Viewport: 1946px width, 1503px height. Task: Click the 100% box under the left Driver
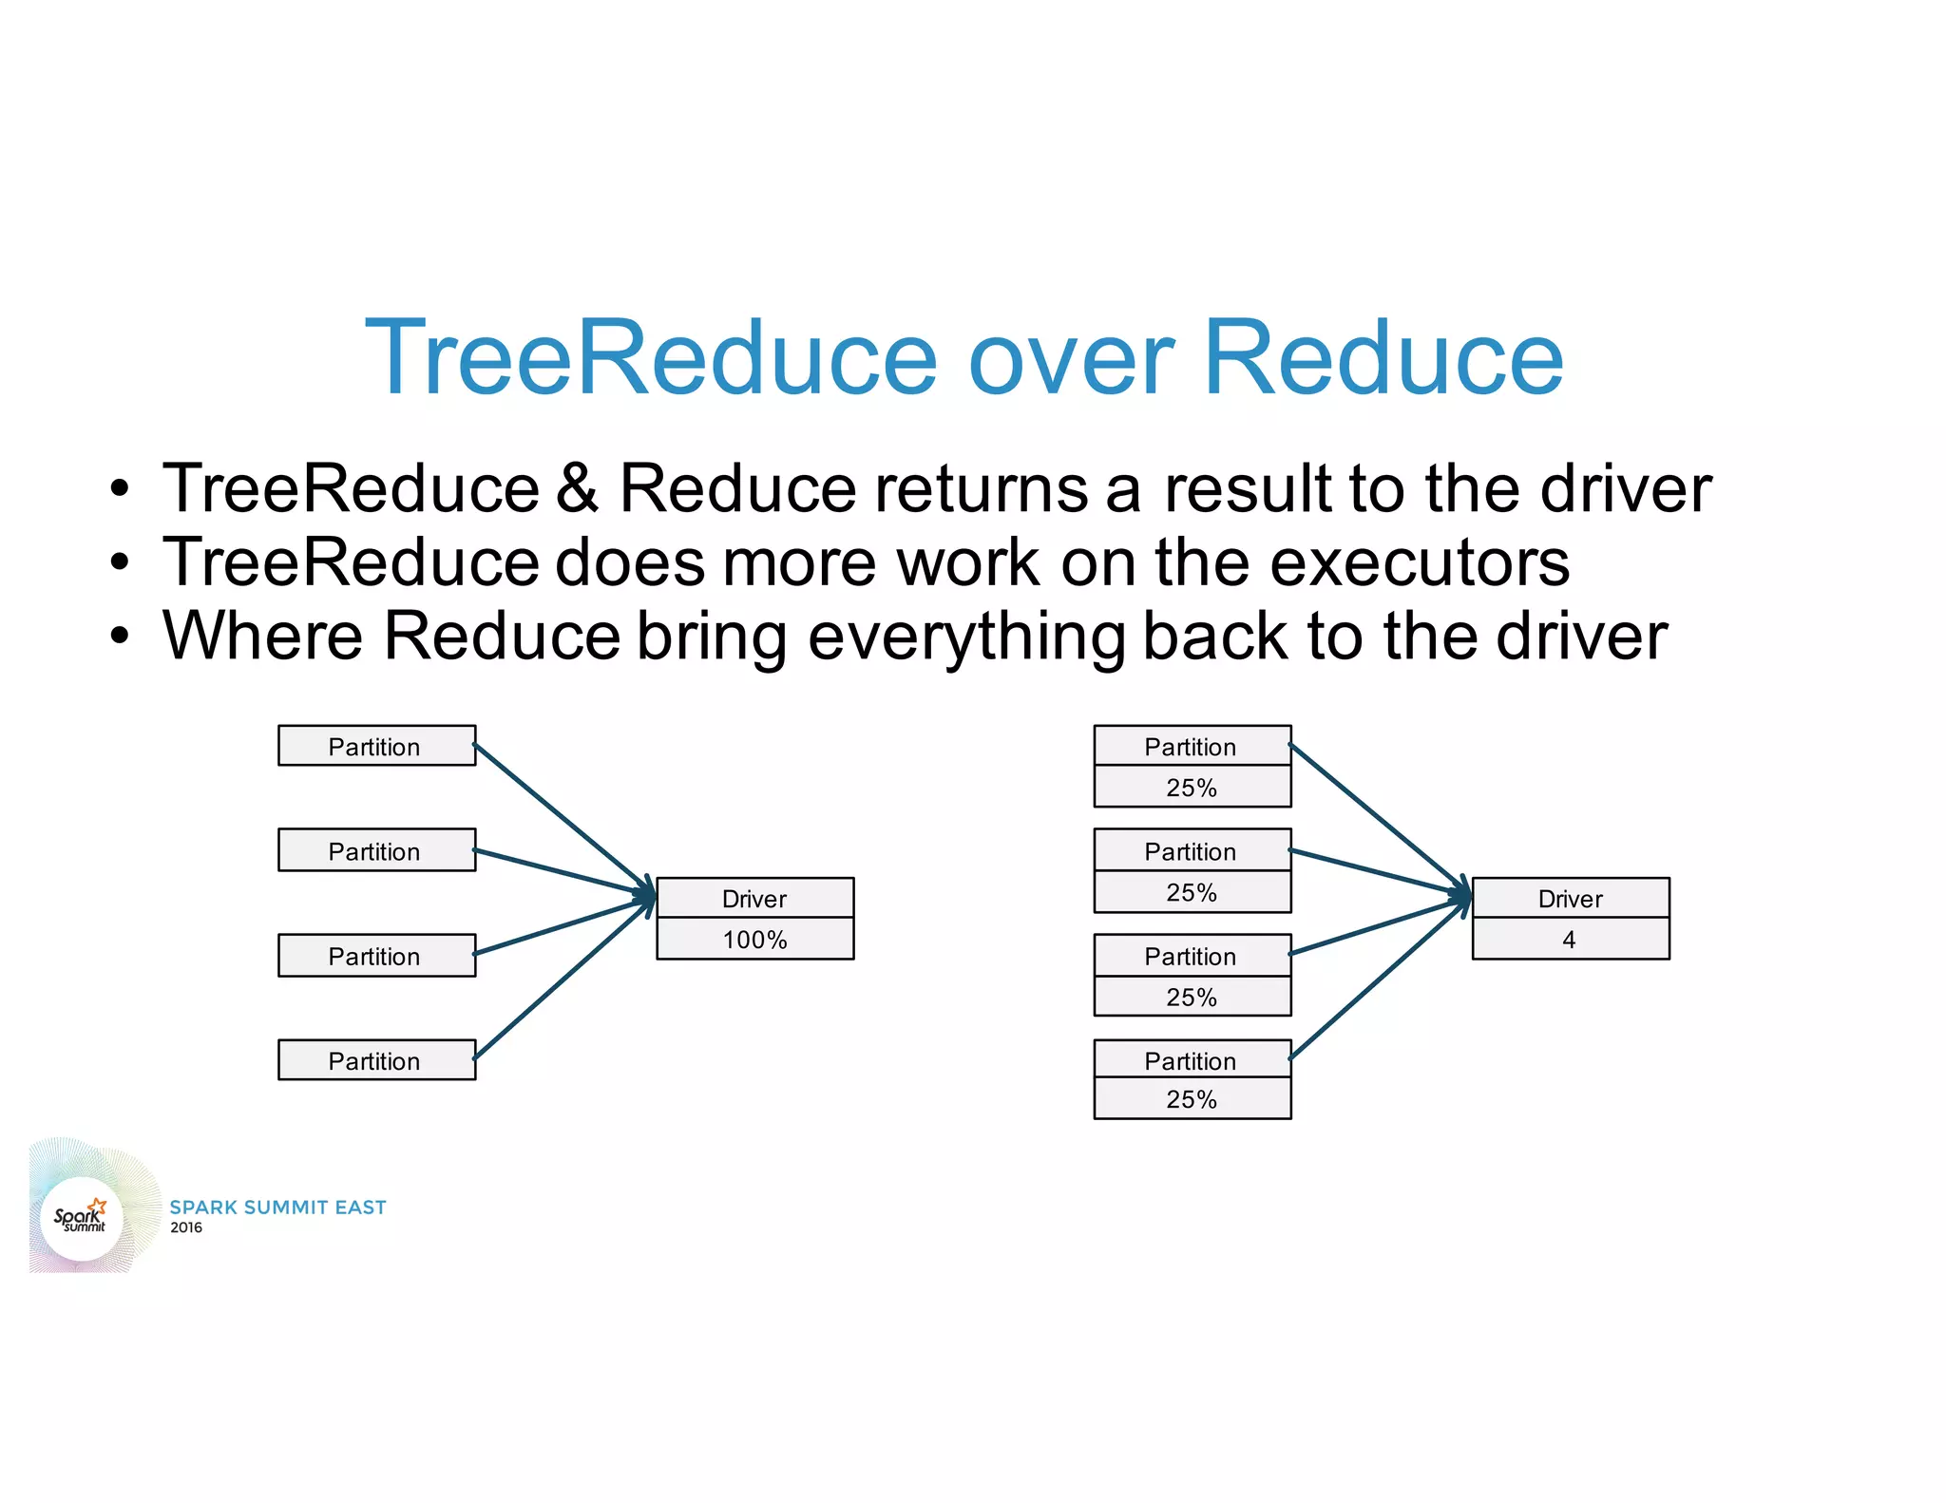click(x=754, y=939)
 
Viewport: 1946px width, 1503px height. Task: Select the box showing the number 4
click(x=1570, y=939)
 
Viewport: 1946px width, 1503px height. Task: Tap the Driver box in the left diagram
click(x=754, y=898)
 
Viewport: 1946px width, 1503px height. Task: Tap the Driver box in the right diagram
click(x=1570, y=898)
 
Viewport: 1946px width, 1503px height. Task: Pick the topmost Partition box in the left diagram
click(x=376, y=746)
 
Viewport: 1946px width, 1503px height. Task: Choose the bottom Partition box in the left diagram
click(x=376, y=1060)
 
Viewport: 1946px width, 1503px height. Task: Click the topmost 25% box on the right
click(x=1192, y=787)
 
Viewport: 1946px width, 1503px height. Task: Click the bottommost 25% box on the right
click(x=1192, y=1099)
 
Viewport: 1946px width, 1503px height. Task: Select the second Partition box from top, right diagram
click(x=1192, y=850)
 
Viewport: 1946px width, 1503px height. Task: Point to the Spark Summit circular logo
click(x=82, y=1218)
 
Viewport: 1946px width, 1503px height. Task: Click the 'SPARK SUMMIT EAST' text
click(x=277, y=1208)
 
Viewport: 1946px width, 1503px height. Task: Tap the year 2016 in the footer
click(x=186, y=1227)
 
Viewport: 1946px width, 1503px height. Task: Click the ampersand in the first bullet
click(x=578, y=488)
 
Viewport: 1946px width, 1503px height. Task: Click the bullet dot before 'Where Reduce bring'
click(x=119, y=636)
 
